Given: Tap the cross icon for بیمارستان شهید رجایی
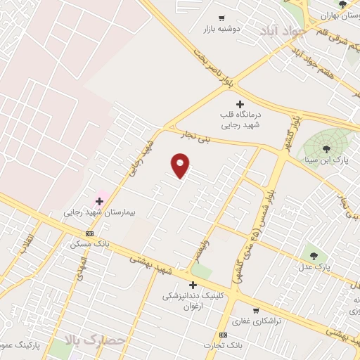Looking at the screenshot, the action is tap(99, 201).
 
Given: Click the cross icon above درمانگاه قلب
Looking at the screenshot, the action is tap(240, 104).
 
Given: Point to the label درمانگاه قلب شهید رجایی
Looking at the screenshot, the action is tap(240, 119).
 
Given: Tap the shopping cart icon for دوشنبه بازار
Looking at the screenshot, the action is tap(221, 19).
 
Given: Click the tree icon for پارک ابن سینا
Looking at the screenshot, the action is tap(326, 148).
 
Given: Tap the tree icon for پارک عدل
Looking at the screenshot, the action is tap(313, 255).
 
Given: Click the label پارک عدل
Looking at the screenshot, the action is tap(313, 267).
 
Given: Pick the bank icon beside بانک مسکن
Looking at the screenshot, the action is tap(89, 233).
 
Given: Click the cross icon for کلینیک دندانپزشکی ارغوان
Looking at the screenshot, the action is tap(193, 285).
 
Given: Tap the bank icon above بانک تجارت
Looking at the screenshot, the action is tap(223, 335).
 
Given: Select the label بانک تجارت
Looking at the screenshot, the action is tap(223, 346).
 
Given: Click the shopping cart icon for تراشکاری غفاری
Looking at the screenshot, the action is tap(255, 309).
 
